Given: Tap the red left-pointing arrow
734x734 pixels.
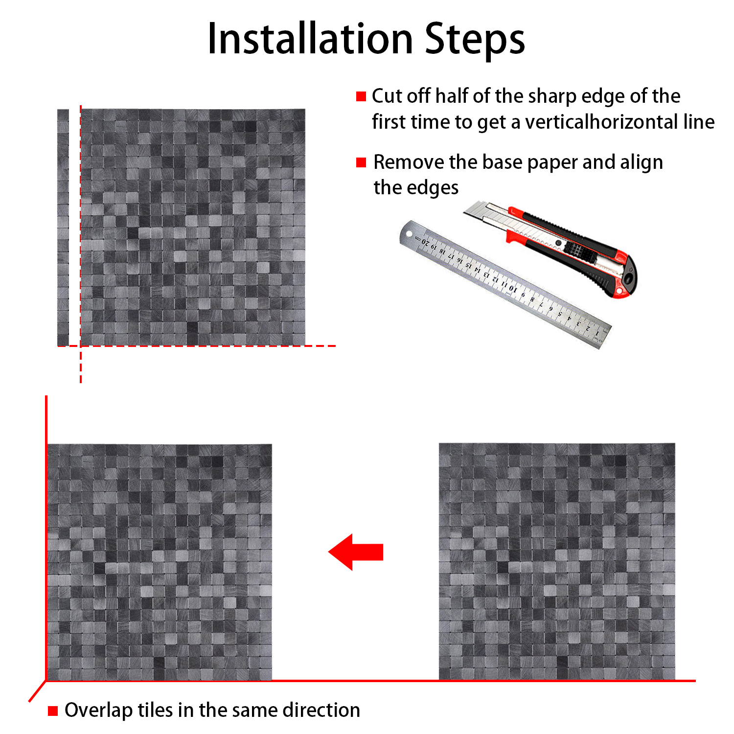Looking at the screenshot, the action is click(356, 552).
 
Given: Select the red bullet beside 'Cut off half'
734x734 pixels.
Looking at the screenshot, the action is click(361, 96).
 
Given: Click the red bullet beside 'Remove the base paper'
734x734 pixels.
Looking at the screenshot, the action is click(361, 162).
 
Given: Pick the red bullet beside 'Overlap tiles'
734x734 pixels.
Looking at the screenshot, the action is click(53, 711).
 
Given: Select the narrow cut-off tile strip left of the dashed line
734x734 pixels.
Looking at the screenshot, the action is click(63, 228).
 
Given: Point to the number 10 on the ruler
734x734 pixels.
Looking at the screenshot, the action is click(512, 288).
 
